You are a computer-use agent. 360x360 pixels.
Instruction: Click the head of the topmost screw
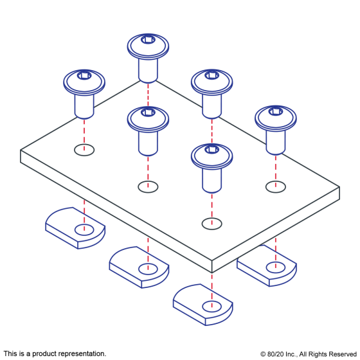(x=148, y=46)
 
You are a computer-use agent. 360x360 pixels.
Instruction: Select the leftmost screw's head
(x=84, y=82)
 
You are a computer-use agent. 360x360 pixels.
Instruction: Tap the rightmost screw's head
(x=276, y=118)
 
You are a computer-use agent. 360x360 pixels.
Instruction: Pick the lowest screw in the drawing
(x=212, y=168)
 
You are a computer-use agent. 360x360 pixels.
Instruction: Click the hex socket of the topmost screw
(x=148, y=39)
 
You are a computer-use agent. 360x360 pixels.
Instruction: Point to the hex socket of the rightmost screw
(x=276, y=111)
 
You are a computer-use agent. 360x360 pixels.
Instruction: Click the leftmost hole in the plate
(x=84, y=150)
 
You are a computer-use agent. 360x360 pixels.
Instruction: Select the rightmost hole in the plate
(x=276, y=187)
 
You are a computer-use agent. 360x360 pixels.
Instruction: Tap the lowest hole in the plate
(x=212, y=224)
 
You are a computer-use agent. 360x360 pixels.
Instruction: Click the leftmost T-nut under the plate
(x=75, y=228)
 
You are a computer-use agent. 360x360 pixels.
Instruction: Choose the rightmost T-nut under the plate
(x=267, y=265)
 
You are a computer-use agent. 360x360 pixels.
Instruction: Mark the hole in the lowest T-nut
(x=212, y=307)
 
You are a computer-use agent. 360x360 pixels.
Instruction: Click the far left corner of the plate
(x=21, y=150)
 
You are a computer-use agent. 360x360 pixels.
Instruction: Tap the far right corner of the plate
(x=339, y=187)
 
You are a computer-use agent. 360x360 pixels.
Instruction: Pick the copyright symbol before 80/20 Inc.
(x=263, y=354)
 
